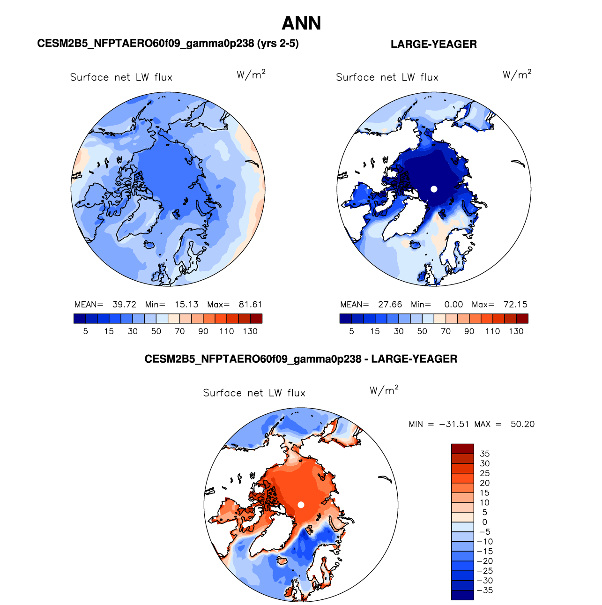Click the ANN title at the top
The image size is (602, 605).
301,23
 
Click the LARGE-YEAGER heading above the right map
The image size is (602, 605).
433,44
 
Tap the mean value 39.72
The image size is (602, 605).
124,304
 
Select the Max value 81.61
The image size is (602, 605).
250,304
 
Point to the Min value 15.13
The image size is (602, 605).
186,304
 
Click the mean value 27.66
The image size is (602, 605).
390,304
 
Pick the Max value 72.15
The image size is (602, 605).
515,304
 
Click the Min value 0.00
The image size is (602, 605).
453,304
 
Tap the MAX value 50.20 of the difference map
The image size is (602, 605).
522,424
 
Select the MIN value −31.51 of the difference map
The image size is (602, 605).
454,424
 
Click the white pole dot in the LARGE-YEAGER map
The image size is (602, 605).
434,189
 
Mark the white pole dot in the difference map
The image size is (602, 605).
301,505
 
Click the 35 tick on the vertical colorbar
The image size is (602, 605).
484,454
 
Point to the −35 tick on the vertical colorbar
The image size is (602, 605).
484,590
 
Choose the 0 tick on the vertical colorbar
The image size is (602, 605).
484,522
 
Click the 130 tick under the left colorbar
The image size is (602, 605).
250,331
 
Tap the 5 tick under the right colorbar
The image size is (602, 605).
351,331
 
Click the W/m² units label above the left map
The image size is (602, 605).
251,75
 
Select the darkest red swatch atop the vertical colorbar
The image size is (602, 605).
462,448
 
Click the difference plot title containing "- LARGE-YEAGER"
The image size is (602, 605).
301,359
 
